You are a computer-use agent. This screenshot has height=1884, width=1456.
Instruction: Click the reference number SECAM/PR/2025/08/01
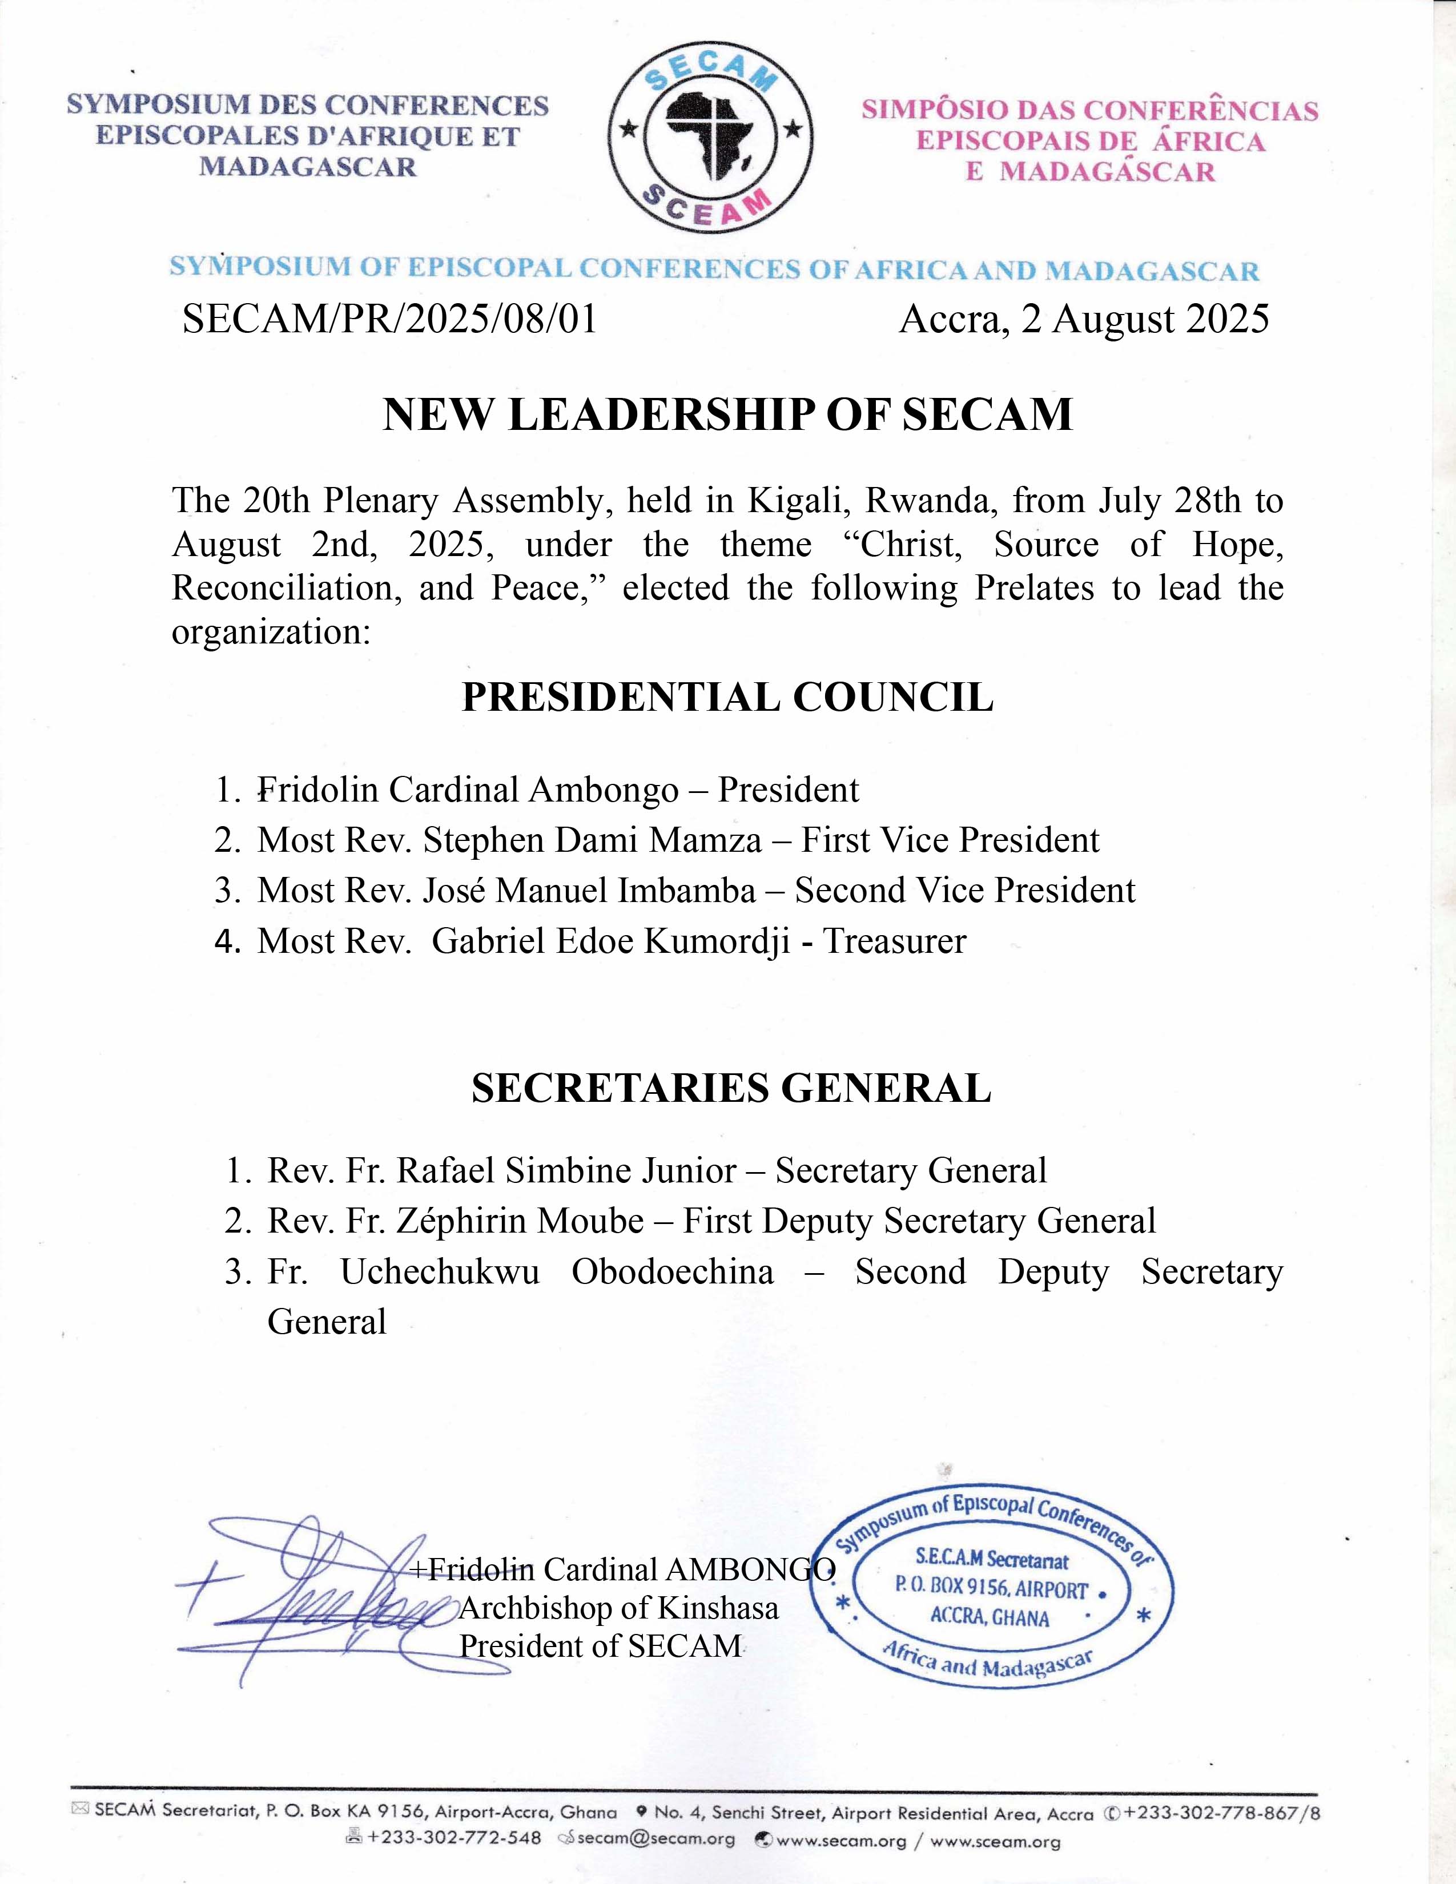coord(390,319)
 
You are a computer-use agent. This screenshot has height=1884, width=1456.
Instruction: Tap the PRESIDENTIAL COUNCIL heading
coord(727,697)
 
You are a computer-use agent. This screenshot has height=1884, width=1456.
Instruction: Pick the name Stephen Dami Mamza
coord(592,840)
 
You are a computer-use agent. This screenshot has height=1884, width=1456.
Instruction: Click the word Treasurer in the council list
coord(895,941)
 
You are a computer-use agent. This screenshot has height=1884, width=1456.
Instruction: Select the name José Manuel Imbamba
coord(588,890)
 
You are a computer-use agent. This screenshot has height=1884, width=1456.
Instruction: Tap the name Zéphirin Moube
coord(520,1221)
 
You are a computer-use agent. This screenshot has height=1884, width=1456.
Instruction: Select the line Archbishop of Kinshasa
coord(618,1608)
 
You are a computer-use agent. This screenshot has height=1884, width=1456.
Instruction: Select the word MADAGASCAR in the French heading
coord(307,167)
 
